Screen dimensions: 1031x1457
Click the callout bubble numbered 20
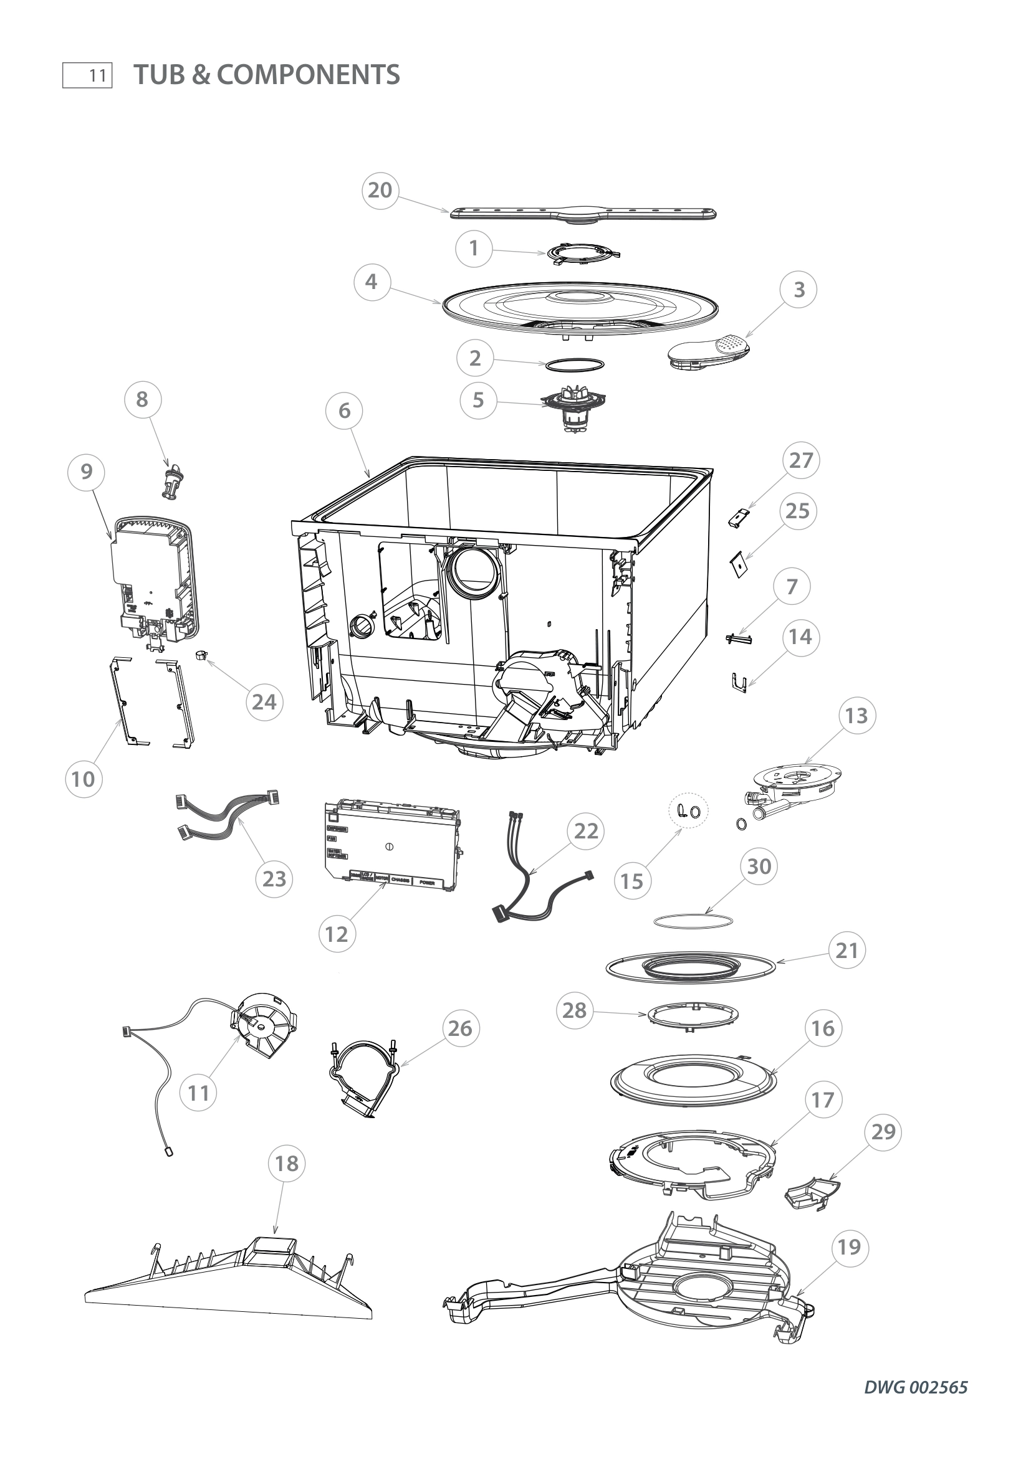(x=380, y=190)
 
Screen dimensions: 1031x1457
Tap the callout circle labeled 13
(x=856, y=715)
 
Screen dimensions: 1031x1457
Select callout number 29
(x=884, y=1131)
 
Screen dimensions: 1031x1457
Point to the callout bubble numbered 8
(x=141, y=399)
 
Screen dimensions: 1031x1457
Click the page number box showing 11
(x=88, y=75)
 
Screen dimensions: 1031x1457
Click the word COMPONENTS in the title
(x=308, y=75)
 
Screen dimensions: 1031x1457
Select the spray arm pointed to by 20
(x=583, y=215)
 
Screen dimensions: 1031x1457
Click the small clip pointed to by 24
(x=202, y=654)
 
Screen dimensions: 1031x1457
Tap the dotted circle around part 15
(x=689, y=810)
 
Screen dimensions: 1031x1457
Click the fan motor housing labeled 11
(x=262, y=1026)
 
